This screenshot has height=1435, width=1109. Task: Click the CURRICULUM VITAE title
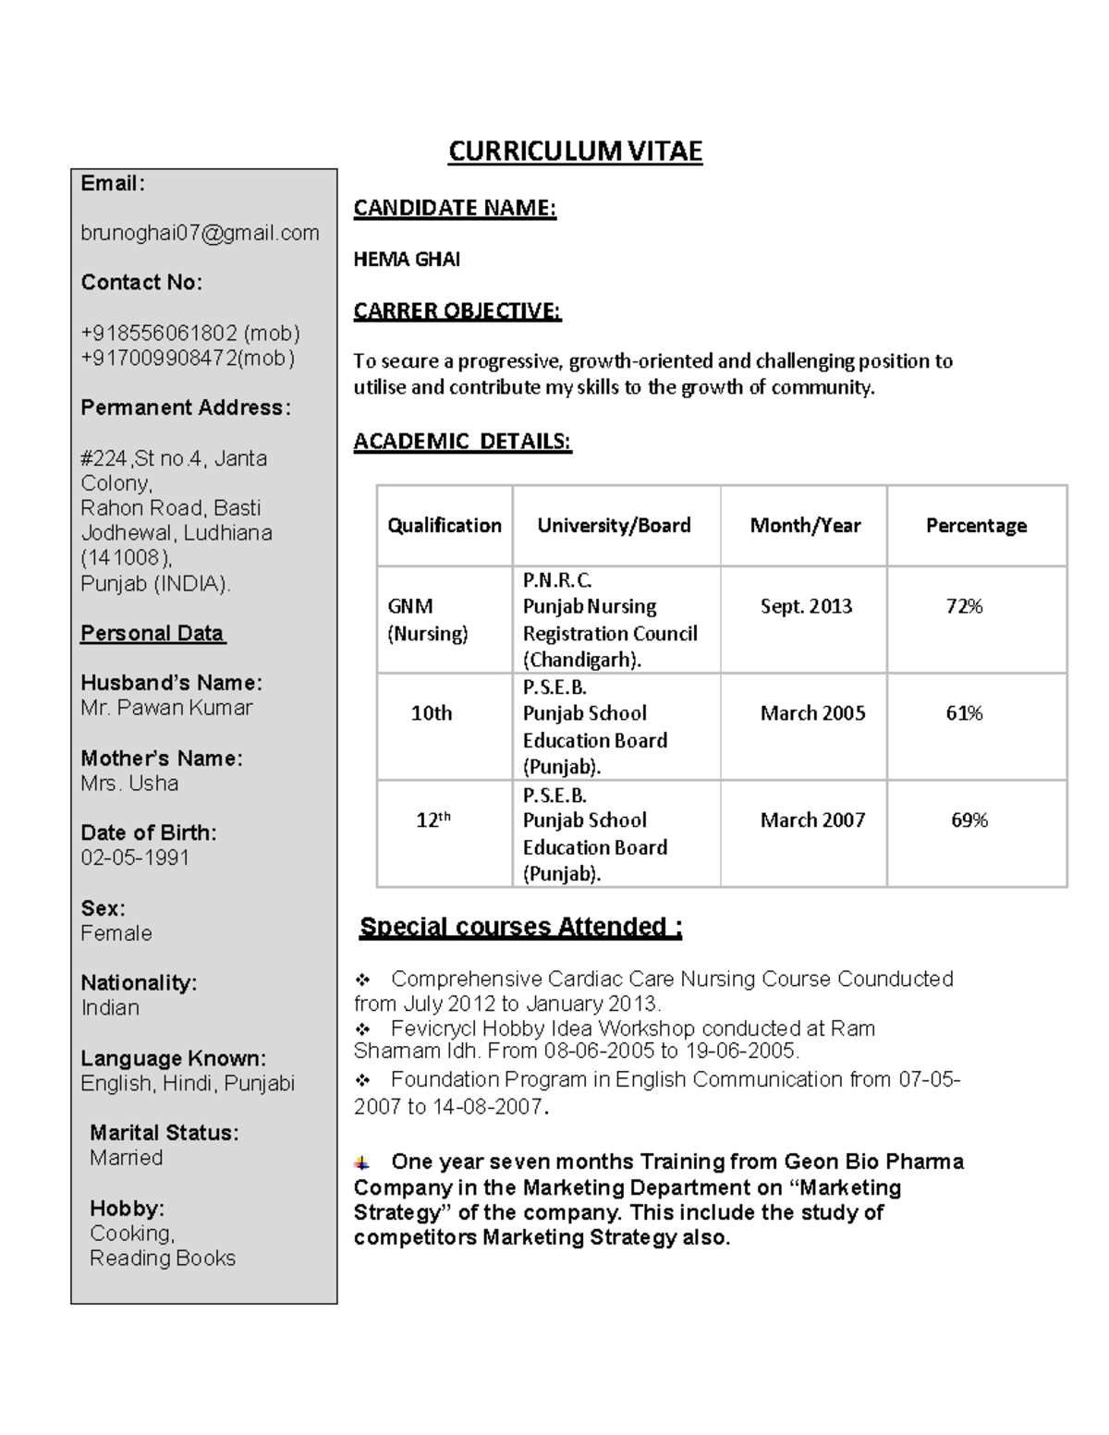click(575, 152)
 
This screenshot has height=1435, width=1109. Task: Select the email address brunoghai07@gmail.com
click(200, 233)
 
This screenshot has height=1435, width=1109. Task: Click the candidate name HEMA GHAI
click(407, 260)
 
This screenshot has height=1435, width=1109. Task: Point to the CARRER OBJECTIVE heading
click(457, 310)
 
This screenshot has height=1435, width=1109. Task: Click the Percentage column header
click(976, 526)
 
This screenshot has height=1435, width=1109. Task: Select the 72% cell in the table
click(964, 606)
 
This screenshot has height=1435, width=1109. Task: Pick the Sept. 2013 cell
click(806, 606)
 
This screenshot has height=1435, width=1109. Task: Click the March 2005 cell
click(812, 713)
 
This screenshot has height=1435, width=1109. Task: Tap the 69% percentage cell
click(969, 821)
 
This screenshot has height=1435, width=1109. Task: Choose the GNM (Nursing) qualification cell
click(427, 619)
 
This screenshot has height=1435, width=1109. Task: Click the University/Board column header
click(614, 526)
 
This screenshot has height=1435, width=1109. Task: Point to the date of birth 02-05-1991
click(135, 857)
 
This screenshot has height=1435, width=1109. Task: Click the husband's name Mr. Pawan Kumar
click(166, 708)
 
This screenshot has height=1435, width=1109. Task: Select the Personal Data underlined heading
click(152, 634)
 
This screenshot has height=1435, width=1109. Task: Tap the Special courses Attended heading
click(520, 927)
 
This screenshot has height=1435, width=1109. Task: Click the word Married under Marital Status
click(126, 1158)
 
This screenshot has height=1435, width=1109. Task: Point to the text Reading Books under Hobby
click(163, 1259)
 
